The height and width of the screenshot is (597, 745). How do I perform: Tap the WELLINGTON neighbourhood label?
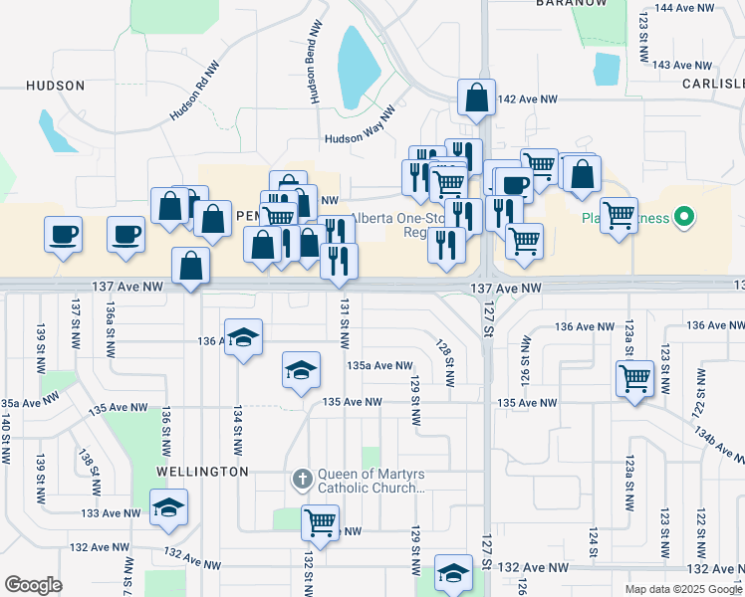[x=202, y=471]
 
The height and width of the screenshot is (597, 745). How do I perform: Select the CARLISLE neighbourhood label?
[x=713, y=85]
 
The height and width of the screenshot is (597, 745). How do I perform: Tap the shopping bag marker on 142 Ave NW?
[x=477, y=98]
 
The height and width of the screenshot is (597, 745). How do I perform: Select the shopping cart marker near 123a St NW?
[x=634, y=377]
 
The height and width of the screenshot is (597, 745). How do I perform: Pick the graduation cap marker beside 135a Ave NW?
[x=301, y=370]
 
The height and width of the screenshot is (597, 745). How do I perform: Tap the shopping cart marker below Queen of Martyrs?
[x=320, y=521]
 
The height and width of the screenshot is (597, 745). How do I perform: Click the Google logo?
[x=33, y=585]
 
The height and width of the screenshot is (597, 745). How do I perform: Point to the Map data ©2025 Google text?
[x=683, y=589]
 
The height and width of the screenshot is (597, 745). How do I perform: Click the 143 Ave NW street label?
[x=687, y=65]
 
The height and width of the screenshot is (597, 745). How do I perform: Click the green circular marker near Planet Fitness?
[x=683, y=215]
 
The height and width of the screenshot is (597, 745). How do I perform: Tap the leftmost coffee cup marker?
[x=63, y=235]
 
